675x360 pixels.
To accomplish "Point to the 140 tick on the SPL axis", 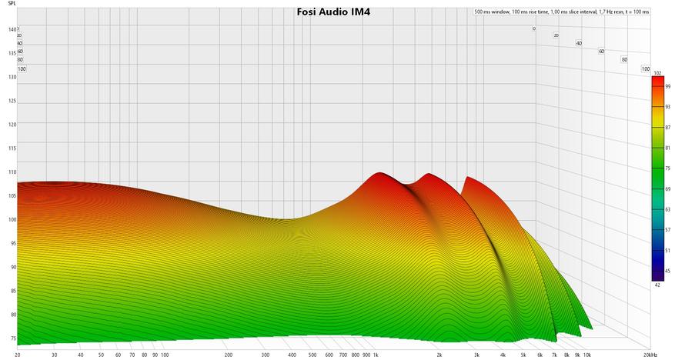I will (12, 29).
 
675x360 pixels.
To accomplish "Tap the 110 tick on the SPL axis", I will (12, 172).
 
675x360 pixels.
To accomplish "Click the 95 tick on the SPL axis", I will (12, 244).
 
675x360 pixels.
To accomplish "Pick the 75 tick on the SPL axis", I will (12, 338).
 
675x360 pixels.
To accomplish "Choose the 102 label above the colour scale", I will (657, 73).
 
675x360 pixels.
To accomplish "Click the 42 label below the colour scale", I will (657, 285).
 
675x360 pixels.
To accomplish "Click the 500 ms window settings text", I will (562, 12).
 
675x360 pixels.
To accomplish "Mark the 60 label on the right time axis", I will (601, 52).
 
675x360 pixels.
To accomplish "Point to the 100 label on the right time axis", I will (645, 69).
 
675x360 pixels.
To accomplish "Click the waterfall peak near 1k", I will (379, 175).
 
